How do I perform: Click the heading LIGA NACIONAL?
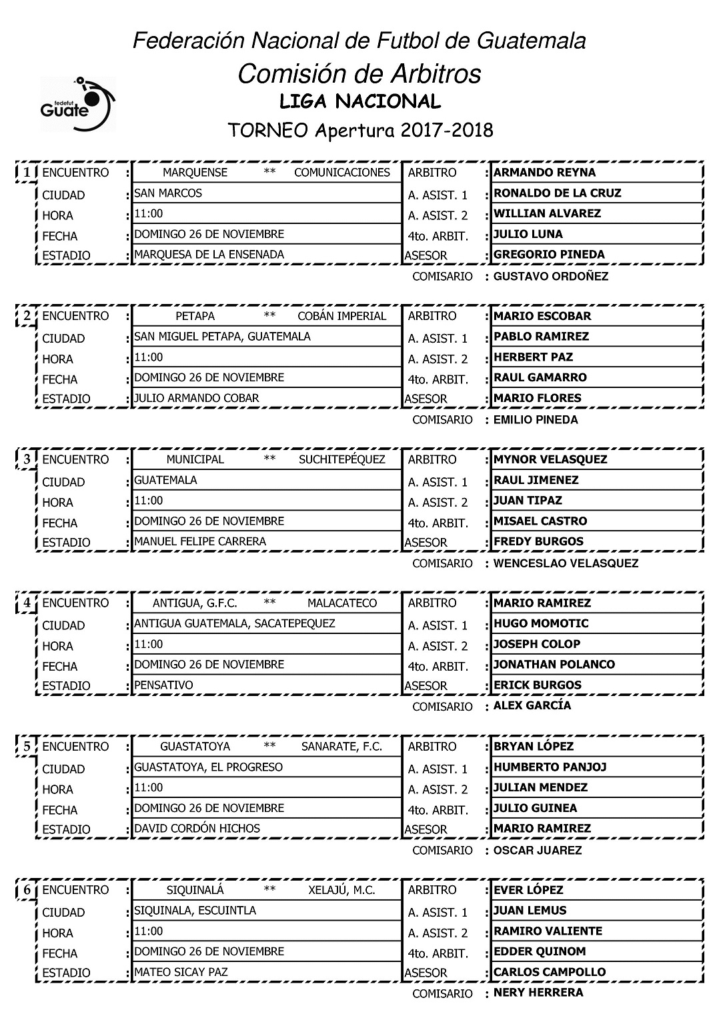pyautogui.click(x=360, y=101)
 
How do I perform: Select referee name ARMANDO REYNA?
pyautogui.click(x=544, y=173)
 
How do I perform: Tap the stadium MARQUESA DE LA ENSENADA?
pyautogui.click(x=209, y=254)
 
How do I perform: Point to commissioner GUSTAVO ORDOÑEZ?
pyautogui.click(x=550, y=276)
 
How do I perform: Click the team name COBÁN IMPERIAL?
pyautogui.click(x=342, y=316)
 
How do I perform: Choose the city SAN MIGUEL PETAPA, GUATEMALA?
pyautogui.click(x=223, y=337)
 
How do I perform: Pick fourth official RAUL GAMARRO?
pyautogui.click(x=540, y=377)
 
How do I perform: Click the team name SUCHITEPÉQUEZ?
pyautogui.click(x=342, y=459)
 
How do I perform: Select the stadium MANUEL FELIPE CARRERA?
pyautogui.click(x=200, y=541)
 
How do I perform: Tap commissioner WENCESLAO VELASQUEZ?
pyautogui.click(x=566, y=563)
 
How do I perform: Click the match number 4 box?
pyautogui.click(x=27, y=603)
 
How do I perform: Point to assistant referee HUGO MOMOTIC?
pyautogui.click(x=541, y=623)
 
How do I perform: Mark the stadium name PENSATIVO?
pyautogui.click(x=164, y=685)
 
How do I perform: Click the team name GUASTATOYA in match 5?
pyautogui.click(x=195, y=747)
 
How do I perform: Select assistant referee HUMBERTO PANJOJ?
pyautogui.click(x=550, y=767)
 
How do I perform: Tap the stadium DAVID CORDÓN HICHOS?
pyautogui.click(x=197, y=828)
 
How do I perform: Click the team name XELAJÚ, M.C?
pyautogui.click(x=342, y=890)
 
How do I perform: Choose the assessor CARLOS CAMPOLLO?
pyautogui.click(x=550, y=972)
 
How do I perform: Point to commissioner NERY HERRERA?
pyautogui.click(x=538, y=993)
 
